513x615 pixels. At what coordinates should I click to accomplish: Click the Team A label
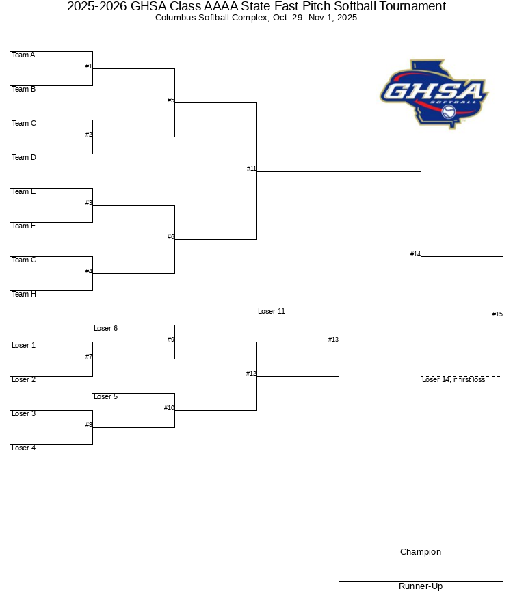coord(23,55)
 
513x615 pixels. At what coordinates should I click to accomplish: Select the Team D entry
coord(24,157)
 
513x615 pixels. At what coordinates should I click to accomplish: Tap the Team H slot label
coord(24,294)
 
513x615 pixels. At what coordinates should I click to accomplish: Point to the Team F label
coord(23,225)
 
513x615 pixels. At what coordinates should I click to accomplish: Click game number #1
coord(89,66)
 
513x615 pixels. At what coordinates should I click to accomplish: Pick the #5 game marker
coord(171,100)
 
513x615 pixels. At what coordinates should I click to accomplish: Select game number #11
coord(251,169)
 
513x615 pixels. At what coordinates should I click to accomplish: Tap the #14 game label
coord(415,254)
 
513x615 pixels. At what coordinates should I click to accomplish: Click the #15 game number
coord(497,314)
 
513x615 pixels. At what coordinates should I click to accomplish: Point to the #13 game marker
coord(333,339)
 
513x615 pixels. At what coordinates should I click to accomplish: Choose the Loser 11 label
coord(272,311)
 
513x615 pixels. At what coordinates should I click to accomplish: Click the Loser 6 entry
coord(105,328)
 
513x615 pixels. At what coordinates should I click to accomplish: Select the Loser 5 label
coord(105,396)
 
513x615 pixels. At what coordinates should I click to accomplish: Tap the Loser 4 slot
coord(23,448)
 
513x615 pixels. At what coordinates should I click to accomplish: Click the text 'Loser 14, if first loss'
coord(453,379)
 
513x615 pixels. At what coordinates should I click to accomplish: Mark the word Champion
coord(421,552)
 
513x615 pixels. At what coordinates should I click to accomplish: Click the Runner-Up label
coord(421,586)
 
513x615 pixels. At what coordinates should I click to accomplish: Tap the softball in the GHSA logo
coord(448,112)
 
